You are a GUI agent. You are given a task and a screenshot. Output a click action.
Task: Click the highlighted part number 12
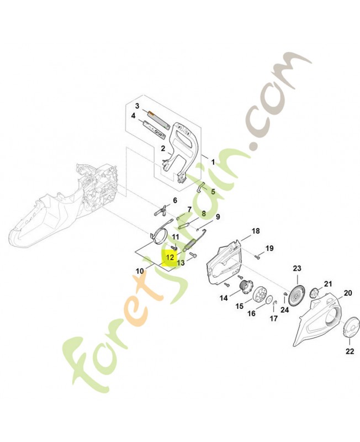(x=170, y=257)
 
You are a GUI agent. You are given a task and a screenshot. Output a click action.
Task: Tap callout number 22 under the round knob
(x=350, y=351)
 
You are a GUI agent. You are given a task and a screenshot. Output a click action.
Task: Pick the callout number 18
(x=256, y=231)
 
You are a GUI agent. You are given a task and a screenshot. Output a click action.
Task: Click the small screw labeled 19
(x=257, y=256)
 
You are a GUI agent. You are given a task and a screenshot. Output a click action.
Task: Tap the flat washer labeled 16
(x=269, y=299)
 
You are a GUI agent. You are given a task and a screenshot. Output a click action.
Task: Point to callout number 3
(x=137, y=106)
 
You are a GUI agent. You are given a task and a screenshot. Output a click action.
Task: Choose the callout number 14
(x=224, y=298)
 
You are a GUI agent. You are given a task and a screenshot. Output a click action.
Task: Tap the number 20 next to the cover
(x=348, y=293)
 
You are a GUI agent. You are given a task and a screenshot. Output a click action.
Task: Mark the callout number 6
(x=175, y=201)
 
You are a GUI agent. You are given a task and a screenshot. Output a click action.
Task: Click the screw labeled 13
(x=193, y=255)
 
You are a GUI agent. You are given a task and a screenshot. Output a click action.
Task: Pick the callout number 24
(x=285, y=310)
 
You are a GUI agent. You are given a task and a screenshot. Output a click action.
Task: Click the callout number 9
(x=218, y=217)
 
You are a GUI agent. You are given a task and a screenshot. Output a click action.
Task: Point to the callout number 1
(x=213, y=162)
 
